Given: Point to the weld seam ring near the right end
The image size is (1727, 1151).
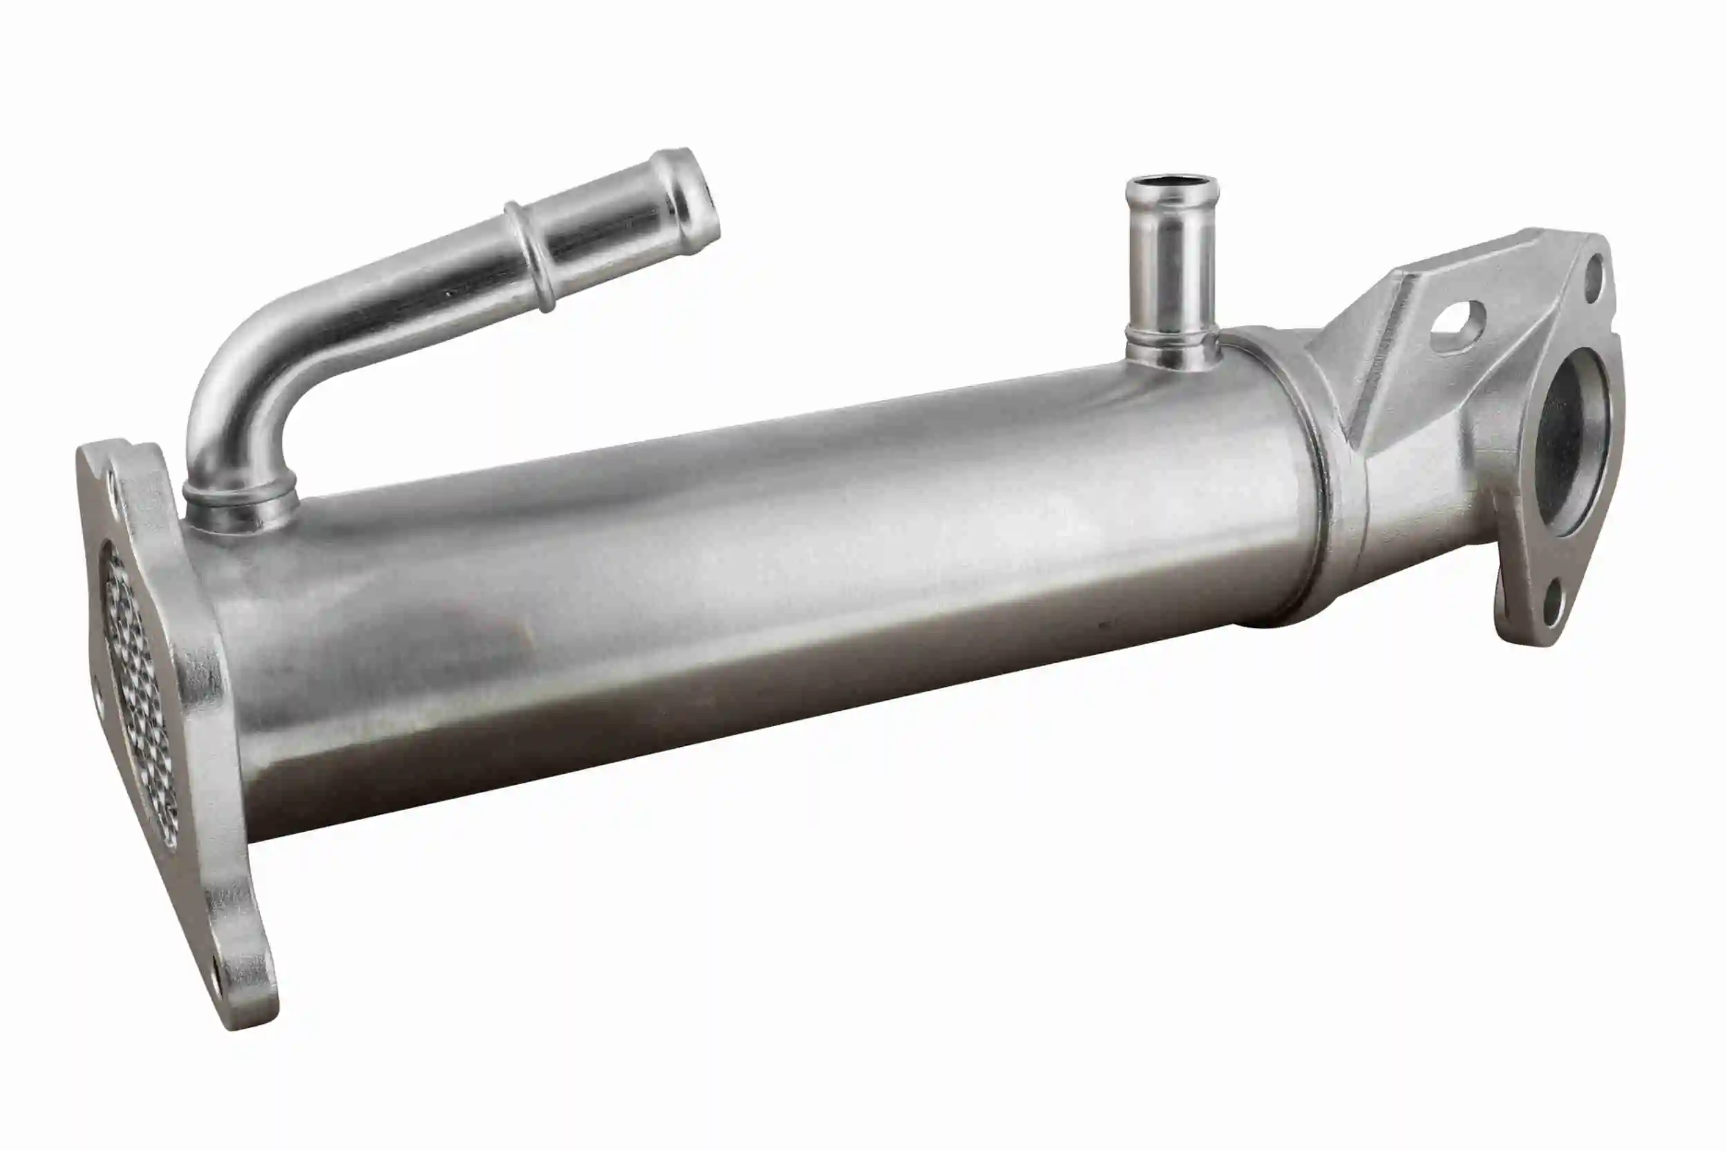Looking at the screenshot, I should click(x=1314, y=477).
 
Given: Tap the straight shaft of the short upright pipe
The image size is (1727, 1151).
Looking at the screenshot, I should click(x=1172, y=272).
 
